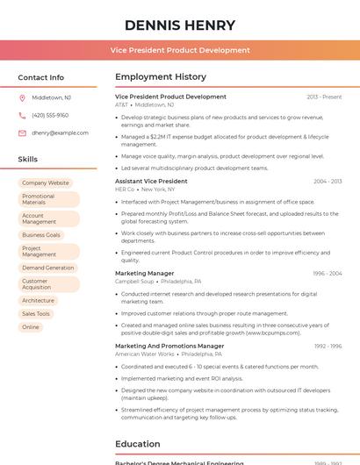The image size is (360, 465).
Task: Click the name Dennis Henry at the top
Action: pyautogui.click(x=180, y=25)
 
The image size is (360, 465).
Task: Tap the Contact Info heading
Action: pyautogui.click(x=40, y=77)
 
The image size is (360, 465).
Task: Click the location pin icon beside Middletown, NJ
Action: pyautogui.click(x=22, y=97)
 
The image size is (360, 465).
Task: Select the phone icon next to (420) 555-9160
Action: pyautogui.click(x=22, y=115)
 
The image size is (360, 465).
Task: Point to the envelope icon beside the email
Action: pyautogui.click(x=22, y=133)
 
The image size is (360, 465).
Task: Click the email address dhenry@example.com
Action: pyautogui.click(x=60, y=133)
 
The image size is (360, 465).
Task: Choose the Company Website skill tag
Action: pyautogui.click(x=46, y=183)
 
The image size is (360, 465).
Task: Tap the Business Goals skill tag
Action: pyautogui.click(x=41, y=235)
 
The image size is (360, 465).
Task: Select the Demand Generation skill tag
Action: pyautogui.click(x=48, y=268)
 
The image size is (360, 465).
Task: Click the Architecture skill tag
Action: pyautogui.click(x=38, y=301)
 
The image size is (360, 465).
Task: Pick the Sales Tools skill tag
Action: pyautogui.click(x=36, y=314)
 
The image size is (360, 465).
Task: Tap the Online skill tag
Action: pyautogui.click(x=31, y=327)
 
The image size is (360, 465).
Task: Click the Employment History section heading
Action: pyautogui.click(x=161, y=77)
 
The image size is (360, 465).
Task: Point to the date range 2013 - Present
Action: pyautogui.click(x=324, y=97)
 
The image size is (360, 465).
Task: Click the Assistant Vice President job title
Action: pyautogui.click(x=151, y=181)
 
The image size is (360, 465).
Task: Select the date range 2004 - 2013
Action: pyautogui.click(x=328, y=181)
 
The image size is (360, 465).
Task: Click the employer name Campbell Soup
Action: pyautogui.click(x=134, y=282)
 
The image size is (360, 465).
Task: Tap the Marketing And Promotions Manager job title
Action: pyautogui.click(x=169, y=346)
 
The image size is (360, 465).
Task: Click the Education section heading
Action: pyautogui.click(x=138, y=444)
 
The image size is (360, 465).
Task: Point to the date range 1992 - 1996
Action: pyautogui.click(x=328, y=346)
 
